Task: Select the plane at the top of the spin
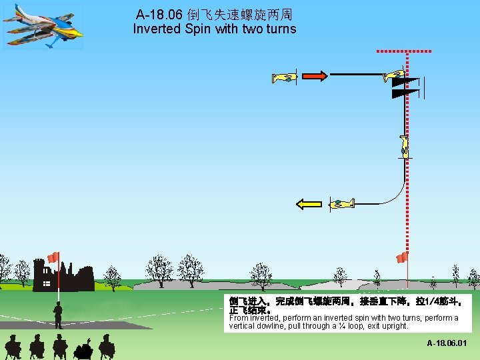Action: (x=394, y=76)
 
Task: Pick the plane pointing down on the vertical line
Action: (x=404, y=145)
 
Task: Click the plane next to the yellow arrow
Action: (x=341, y=203)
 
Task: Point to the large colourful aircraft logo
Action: (x=43, y=25)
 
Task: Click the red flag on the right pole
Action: (x=401, y=258)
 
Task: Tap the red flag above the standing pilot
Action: (x=53, y=257)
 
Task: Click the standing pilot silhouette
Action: (x=59, y=315)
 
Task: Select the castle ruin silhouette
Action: (x=63, y=277)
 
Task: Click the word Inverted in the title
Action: (x=155, y=29)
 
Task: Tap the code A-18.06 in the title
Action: (x=160, y=14)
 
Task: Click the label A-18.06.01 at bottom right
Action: (x=447, y=343)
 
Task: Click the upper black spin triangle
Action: (x=404, y=83)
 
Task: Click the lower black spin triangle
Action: (x=404, y=93)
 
